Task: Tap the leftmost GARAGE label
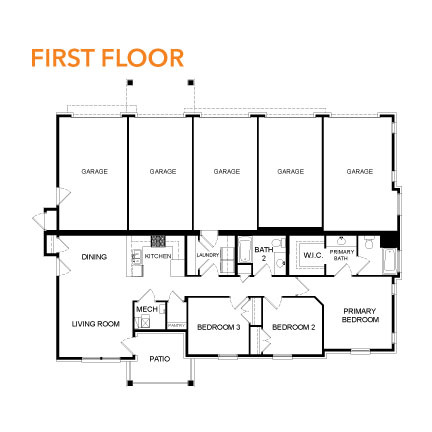(x=95, y=171)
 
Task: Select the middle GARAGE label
(x=227, y=171)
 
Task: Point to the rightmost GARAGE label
(x=360, y=171)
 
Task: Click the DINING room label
(x=94, y=257)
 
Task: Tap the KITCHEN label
(x=158, y=257)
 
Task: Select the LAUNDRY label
(x=208, y=255)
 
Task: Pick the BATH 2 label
(x=263, y=252)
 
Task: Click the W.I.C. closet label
(x=311, y=253)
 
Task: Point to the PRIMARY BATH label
(x=342, y=255)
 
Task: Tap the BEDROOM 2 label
(x=293, y=327)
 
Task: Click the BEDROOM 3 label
(x=217, y=327)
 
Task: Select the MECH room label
(x=145, y=309)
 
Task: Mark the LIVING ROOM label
(x=95, y=324)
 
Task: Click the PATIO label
(x=160, y=357)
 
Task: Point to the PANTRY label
(x=174, y=324)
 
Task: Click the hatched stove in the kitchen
(x=158, y=241)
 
